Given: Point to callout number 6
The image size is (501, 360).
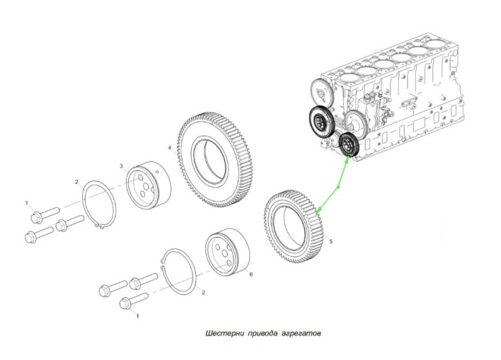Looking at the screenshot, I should click(251, 274).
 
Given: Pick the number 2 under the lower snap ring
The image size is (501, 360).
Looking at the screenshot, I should click(204, 293).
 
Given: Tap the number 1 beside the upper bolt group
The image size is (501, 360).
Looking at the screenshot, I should click(27, 203).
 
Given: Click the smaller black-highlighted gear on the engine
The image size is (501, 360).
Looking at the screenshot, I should click(350, 146).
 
